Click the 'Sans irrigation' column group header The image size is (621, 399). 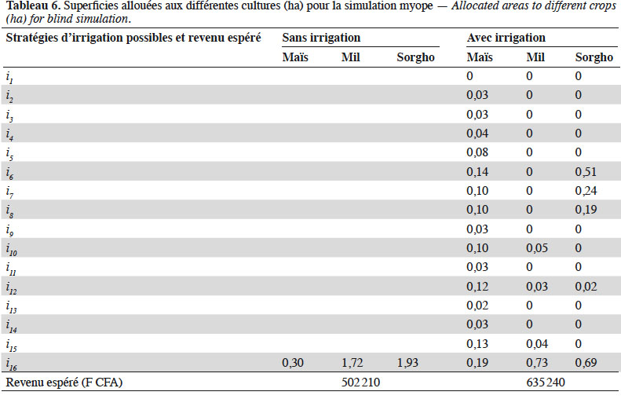[321, 38]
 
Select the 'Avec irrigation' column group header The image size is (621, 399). [506, 38]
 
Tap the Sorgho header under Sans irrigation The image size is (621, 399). [415, 57]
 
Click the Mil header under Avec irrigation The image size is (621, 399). [535, 57]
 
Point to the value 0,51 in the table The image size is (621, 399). [586, 171]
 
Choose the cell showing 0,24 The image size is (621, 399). [586, 191]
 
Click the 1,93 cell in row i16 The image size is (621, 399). [407, 363]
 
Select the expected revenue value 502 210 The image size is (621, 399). [360, 382]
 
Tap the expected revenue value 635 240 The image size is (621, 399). [546, 382]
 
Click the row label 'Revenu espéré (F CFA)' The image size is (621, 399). [64, 383]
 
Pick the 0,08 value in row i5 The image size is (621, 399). [477, 152]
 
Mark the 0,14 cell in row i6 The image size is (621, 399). [477, 171]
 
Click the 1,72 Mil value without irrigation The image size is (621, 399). [352, 363]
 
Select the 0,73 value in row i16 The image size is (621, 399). [537, 363]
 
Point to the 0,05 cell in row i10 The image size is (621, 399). [537, 248]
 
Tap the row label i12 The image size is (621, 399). [12, 287]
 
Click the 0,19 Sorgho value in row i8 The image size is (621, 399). [586, 210]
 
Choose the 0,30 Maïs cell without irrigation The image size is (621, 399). [293, 363]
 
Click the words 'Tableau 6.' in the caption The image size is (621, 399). [33, 6]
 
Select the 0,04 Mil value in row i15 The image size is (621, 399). [537, 343]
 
